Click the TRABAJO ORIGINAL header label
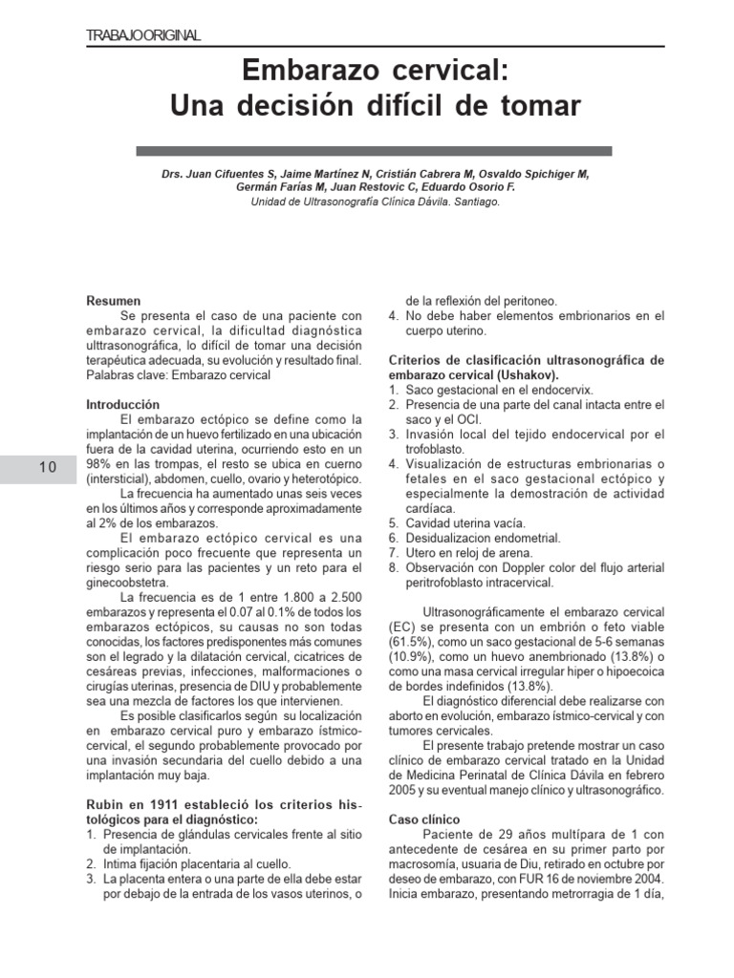tap(142, 35)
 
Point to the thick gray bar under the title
tap(374, 151)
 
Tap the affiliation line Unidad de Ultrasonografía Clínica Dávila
tap(374, 202)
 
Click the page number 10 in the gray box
tap(48, 467)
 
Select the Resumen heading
tap(113, 300)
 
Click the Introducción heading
tap(122, 405)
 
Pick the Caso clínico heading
tap(425, 820)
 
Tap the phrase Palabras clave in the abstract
tap(124, 375)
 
